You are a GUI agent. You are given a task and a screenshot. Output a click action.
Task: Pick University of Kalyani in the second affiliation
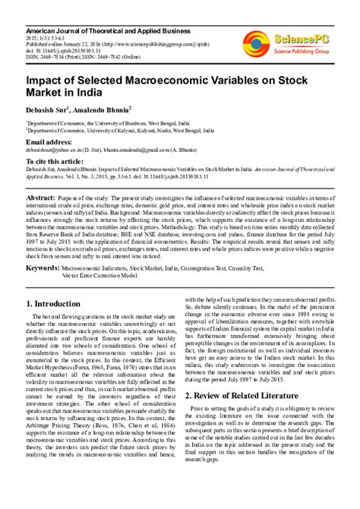(131, 129)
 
